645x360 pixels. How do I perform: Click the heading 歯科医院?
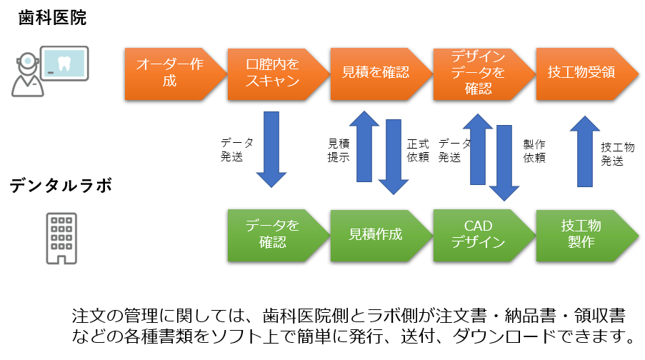tap(52, 18)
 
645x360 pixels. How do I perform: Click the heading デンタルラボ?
tap(61, 186)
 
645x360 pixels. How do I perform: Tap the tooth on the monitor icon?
tap(64, 64)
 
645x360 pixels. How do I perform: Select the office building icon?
tap(61, 239)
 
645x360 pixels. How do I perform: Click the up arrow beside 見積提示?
tap(364, 146)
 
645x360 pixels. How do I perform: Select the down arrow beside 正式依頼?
tap(394, 156)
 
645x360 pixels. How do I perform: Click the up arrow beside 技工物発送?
tap(585, 151)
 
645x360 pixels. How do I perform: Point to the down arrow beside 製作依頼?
tap(504, 163)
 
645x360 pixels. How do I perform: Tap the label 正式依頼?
tap(418, 151)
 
